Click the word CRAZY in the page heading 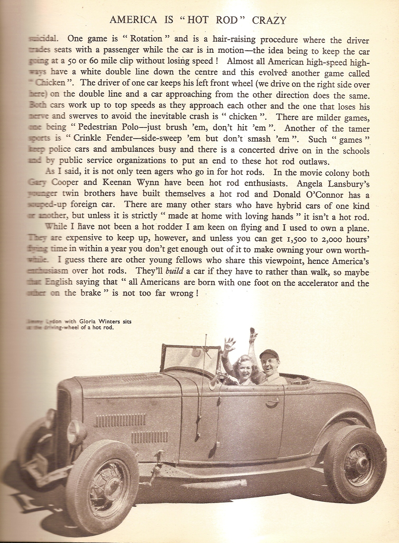coord(269,20)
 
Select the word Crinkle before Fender coord(86,139)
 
